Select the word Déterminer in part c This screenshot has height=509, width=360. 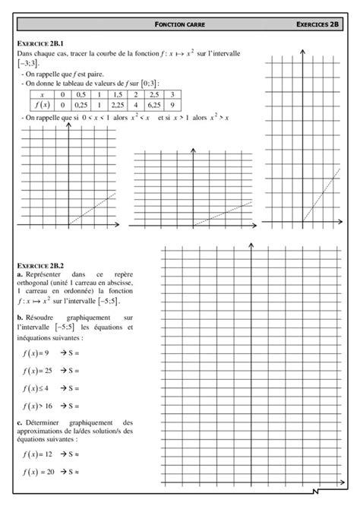pos(44,422)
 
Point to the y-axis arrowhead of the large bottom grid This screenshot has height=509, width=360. pos(251,244)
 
